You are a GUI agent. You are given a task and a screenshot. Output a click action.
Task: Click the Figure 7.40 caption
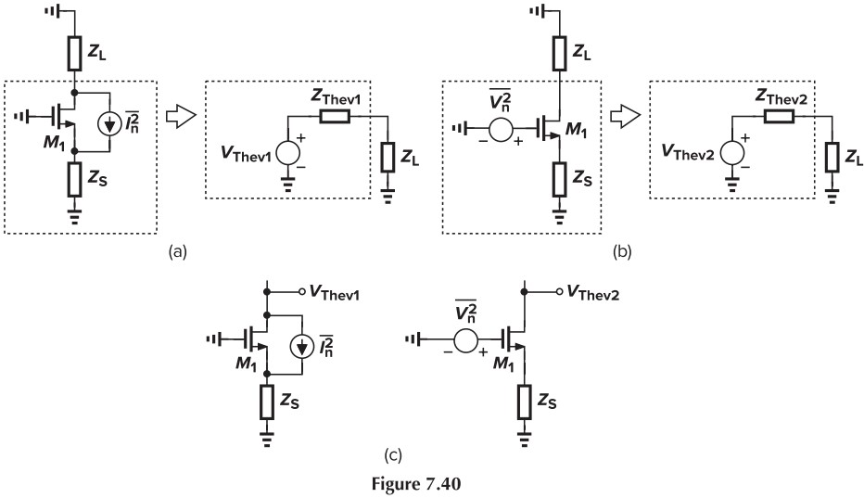pyautogui.click(x=431, y=484)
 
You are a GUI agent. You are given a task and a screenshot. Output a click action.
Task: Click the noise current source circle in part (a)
pyautogui.click(x=115, y=123)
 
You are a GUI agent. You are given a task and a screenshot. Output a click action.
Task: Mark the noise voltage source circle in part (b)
pyautogui.click(x=502, y=129)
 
